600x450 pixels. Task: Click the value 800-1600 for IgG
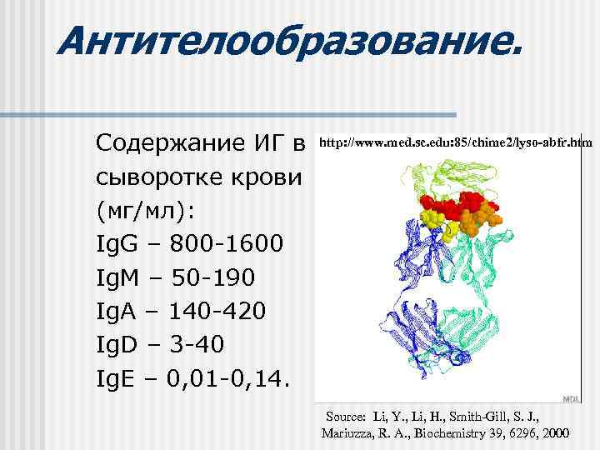[227, 245]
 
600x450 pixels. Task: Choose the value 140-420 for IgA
[217, 312]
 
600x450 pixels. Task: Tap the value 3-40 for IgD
[197, 345]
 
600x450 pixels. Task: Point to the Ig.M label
[122, 278]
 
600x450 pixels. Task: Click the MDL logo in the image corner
[572, 399]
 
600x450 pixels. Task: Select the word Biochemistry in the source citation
[458, 434]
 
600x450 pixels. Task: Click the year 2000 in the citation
[554, 434]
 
